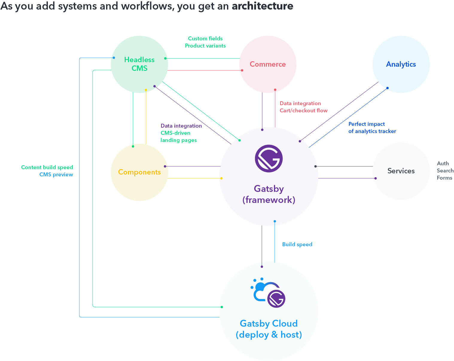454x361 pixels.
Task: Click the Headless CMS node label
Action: tap(139, 64)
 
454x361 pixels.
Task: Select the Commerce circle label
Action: tap(268, 64)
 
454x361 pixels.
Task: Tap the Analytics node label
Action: tap(401, 64)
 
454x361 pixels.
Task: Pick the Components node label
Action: tap(139, 172)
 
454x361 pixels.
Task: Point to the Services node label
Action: tap(401, 171)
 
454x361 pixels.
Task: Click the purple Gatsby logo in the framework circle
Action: tap(269, 158)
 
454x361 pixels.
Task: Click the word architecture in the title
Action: tap(262, 6)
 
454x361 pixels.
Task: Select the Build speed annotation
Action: tap(297, 244)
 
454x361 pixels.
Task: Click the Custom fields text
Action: tap(205, 39)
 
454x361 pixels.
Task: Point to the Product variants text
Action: tap(205, 46)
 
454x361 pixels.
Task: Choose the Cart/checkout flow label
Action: tap(303, 111)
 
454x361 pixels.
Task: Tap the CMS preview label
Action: tap(56, 175)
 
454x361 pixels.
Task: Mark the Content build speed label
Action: tap(47, 167)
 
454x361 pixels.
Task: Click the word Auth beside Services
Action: tap(443, 163)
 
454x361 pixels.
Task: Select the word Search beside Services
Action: tap(445, 171)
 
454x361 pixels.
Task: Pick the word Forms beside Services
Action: tap(444, 178)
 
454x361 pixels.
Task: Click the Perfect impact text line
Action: tap(366, 124)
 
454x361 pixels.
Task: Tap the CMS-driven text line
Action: tap(175, 133)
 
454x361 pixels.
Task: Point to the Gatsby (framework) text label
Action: tap(269, 194)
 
